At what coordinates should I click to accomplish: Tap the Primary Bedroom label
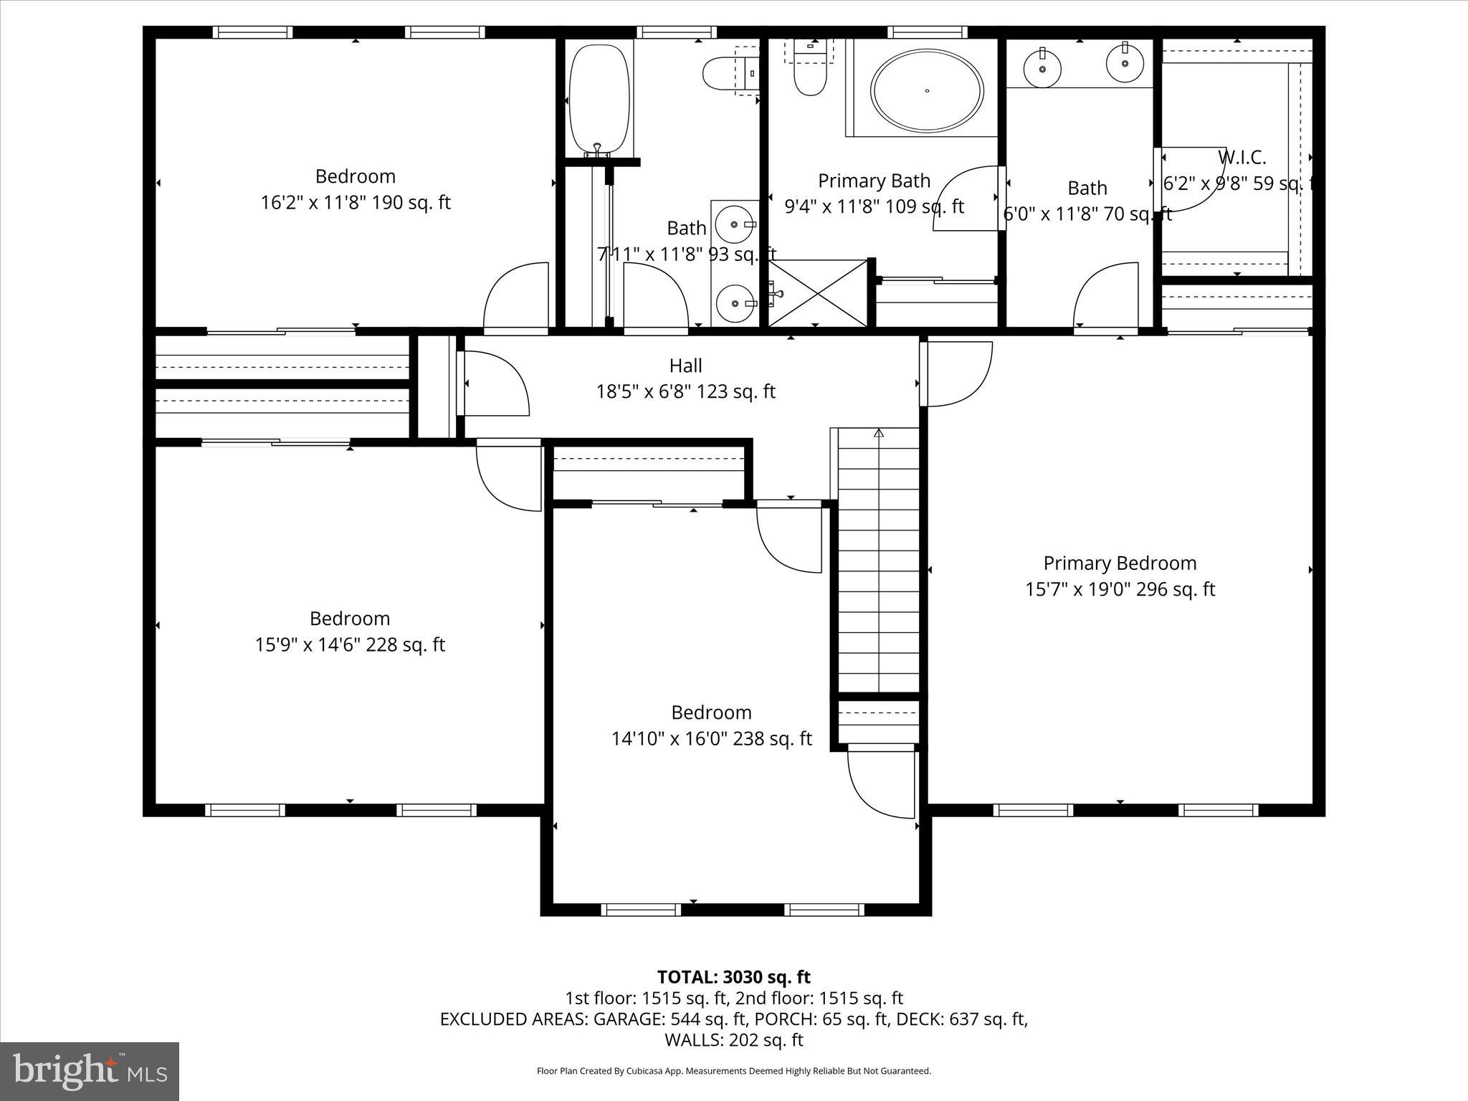coord(1120,563)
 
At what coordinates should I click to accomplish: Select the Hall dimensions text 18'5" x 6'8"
coord(685,391)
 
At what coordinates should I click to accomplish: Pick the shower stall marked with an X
coord(818,293)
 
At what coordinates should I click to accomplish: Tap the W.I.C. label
coord(1241,158)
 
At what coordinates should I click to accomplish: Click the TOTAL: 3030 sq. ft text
coord(733,977)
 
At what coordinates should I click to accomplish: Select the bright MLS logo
coord(90,1071)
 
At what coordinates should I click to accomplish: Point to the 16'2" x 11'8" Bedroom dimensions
coord(355,203)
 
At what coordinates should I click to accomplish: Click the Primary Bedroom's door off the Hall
coord(957,373)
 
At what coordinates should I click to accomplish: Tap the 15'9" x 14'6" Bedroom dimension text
coord(350,645)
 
